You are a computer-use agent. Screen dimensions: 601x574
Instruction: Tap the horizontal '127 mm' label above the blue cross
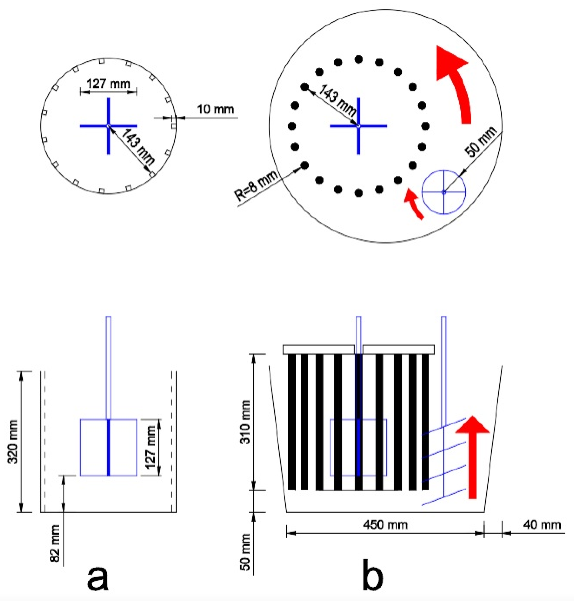tap(108, 83)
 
